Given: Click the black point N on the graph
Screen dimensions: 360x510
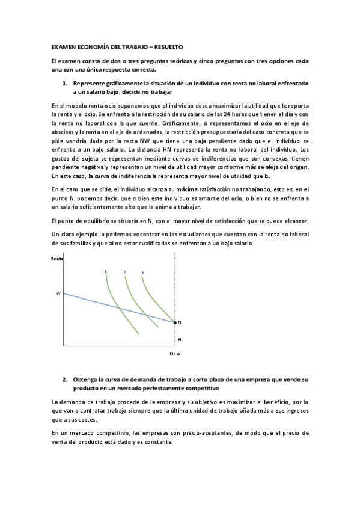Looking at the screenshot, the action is coord(175,323).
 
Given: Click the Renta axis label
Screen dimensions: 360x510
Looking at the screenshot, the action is coord(57,259).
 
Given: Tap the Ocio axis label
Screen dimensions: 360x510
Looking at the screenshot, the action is coord(174,355).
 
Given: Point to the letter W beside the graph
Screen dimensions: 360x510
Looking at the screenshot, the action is coord(58,293).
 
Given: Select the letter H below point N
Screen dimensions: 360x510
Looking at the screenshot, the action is coord(179,339).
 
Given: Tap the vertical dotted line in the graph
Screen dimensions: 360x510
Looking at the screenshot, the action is coord(175,283).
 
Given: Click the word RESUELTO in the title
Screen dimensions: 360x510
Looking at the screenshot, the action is coord(168,46).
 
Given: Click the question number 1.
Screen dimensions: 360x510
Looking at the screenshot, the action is coord(64,84).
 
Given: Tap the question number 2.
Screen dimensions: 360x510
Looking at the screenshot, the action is coord(64,380).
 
